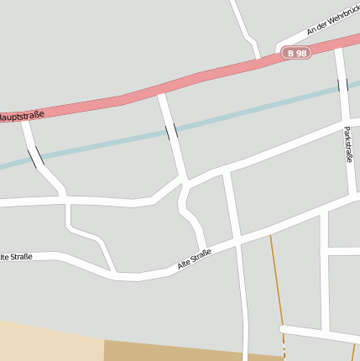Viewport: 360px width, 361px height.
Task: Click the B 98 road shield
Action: (297, 53)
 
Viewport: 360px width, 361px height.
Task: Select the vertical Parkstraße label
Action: (347, 144)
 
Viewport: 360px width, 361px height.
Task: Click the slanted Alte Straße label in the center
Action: (194, 259)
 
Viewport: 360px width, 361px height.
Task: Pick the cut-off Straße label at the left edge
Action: (16, 256)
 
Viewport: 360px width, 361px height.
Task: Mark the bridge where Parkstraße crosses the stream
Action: (342, 85)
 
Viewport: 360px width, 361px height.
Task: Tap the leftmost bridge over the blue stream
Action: (36, 157)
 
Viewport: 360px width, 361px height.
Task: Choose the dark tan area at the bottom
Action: (185, 351)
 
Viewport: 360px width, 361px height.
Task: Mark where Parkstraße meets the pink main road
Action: (338, 50)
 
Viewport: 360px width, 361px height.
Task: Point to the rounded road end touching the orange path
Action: (284, 328)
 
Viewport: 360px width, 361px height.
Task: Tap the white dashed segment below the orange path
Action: (284, 349)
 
